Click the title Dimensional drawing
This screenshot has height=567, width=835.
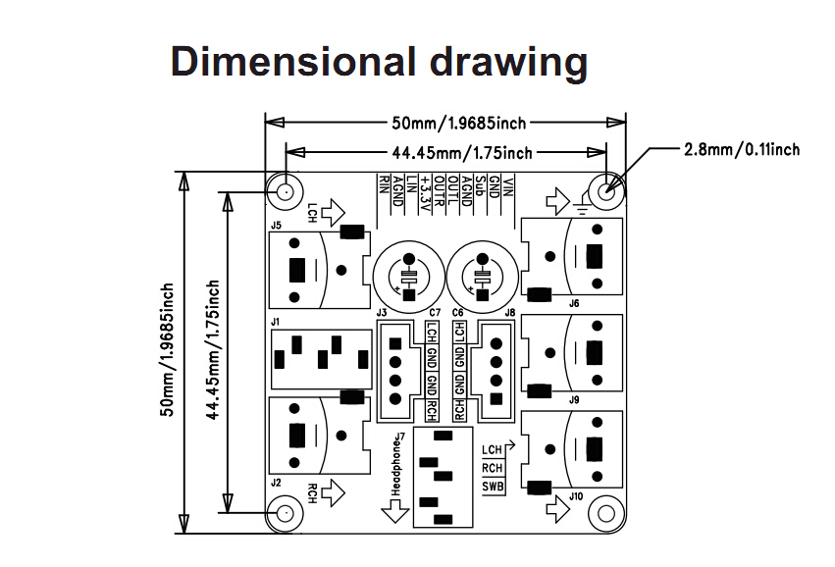coord(379,62)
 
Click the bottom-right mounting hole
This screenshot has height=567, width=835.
coord(606,512)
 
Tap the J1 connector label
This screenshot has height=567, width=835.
coord(276,322)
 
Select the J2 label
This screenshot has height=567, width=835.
coord(276,483)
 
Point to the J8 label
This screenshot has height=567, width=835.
coord(509,313)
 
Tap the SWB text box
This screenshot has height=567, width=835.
coord(492,487)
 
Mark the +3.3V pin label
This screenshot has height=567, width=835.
coord(425,190)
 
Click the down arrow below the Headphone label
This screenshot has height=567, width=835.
coord(397,512)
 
